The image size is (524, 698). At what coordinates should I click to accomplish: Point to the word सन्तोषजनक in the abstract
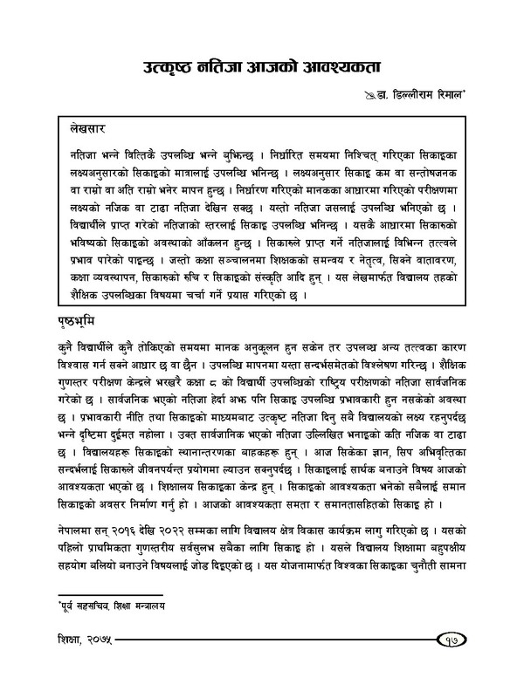click(x=439, y=171)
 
